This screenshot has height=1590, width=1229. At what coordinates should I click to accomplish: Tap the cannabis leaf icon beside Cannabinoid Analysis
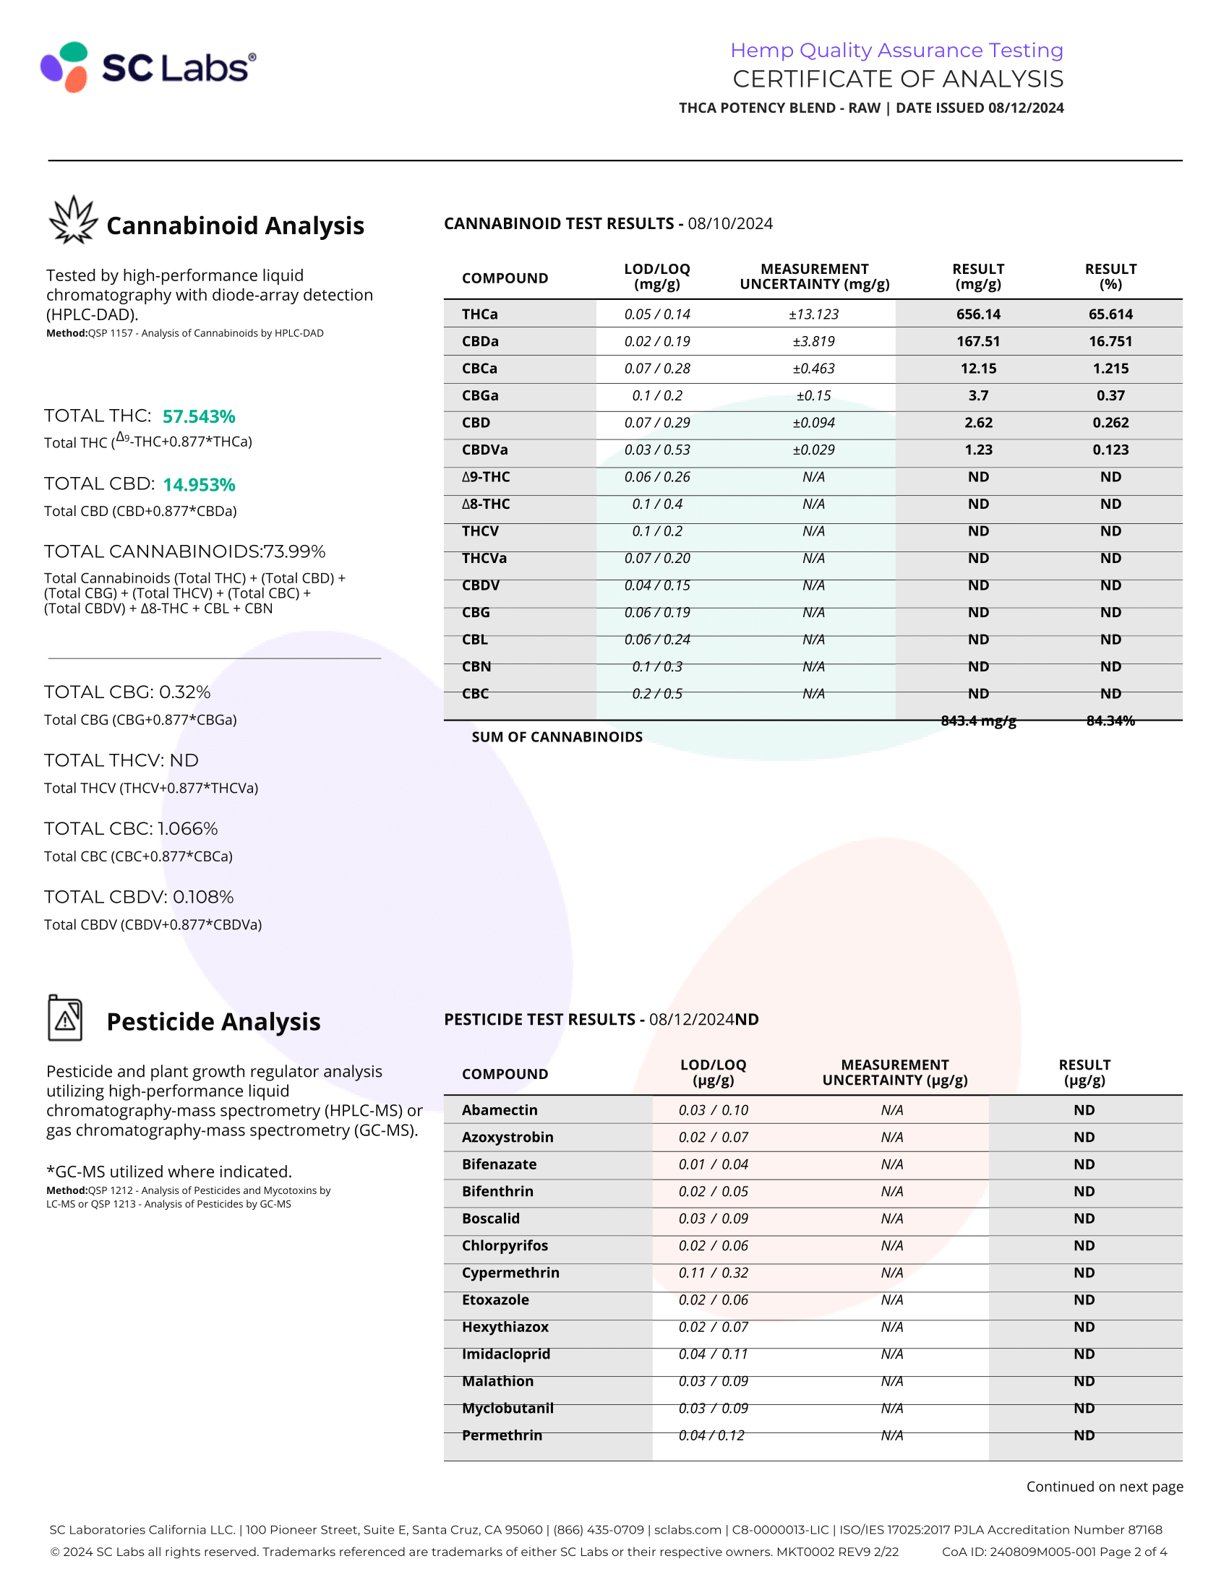pos(73,220)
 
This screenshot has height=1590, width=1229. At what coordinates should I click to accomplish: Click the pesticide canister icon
pos(66,1018)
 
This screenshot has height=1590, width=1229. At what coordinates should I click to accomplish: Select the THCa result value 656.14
pos(978,314)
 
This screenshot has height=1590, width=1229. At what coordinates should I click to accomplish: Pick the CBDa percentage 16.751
pos(1110,341)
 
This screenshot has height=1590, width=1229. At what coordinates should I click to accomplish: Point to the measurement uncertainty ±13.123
pos(813,314)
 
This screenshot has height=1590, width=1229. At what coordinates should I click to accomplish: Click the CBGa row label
pos(480,395)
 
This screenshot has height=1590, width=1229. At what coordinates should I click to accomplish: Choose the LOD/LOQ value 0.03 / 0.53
pos(656,450)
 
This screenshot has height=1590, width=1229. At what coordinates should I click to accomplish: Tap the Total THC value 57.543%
pos(199,416)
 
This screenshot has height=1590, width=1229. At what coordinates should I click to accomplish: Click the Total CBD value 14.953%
pos(199,485)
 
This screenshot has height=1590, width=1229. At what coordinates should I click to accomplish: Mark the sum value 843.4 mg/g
pos(978,721)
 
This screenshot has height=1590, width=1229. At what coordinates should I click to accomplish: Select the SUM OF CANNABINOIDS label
pos(557,736)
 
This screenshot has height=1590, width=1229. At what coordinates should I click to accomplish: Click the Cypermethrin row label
pos(510,1273)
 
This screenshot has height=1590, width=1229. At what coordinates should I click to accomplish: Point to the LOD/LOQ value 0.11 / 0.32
pos(713,1273)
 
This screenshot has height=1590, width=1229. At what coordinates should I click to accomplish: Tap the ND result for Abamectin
pos(1084,1110)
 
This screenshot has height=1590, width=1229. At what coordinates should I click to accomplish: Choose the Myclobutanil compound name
pos(508,1408)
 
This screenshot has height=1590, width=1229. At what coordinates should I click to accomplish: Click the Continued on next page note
pos(1104,1487)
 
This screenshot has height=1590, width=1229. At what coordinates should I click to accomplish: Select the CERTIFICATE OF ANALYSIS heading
pos(898,79)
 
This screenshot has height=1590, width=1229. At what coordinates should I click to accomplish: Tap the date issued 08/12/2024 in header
pos(1026,108)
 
